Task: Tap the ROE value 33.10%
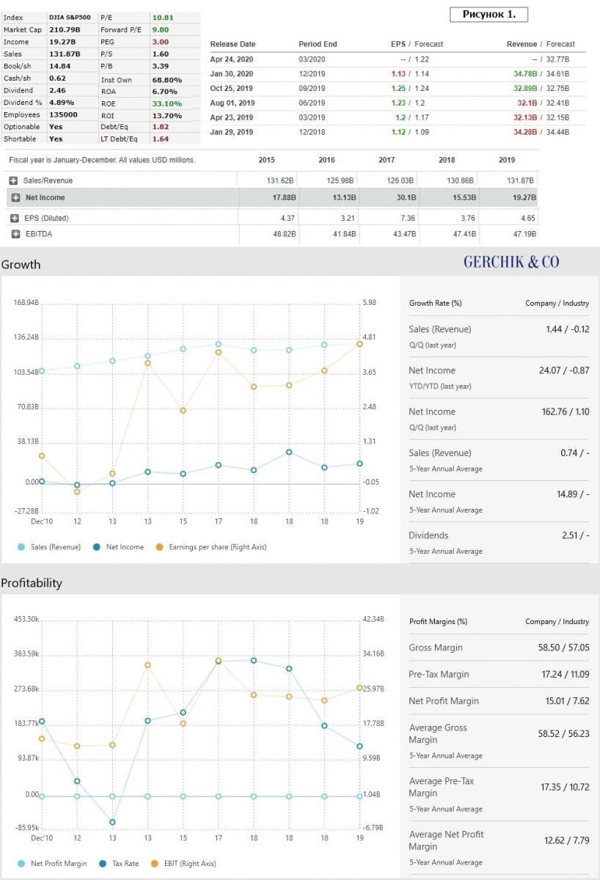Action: pyautogui.click(x=167, y=103)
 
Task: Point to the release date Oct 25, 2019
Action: pyautogui.click(x=232, y=88)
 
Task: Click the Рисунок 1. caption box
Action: pyautogui.click(x=489, y=14)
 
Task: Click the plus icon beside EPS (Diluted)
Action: pyautogui.click(x=14, y=218)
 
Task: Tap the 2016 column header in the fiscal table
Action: pyautogui.click(x=326, y=160)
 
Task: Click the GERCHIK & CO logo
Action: pyautogui.click(x=511, y=262)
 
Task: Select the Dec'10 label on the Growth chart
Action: pyautogui.click(x=42, y=521)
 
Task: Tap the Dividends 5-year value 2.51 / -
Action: pyautogui.click(x=575, y=535)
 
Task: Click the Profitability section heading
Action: pyautogui.click(x=32, y=583)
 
